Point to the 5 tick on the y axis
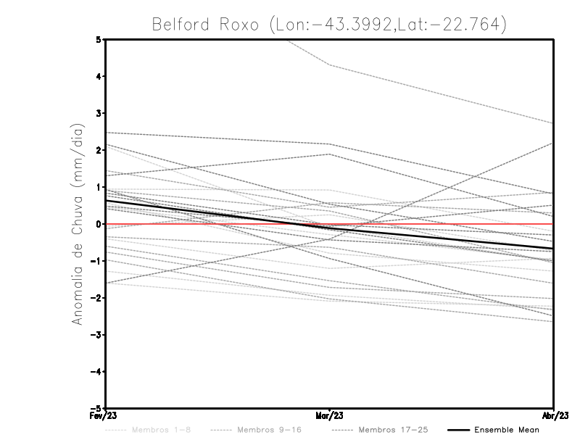tap(99, 39)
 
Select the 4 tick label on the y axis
tap(99, 76)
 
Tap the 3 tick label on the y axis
tap(99, 113)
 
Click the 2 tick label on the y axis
tap(99, 150)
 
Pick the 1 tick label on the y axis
tap(99, 187)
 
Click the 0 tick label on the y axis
tap(99, 224)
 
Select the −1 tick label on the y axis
tap(96, 261)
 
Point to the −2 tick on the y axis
tap(96, 298)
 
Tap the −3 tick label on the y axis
tap(96, 335)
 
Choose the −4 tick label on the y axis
tap(96, 372)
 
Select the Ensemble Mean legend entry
tap(506, 430)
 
